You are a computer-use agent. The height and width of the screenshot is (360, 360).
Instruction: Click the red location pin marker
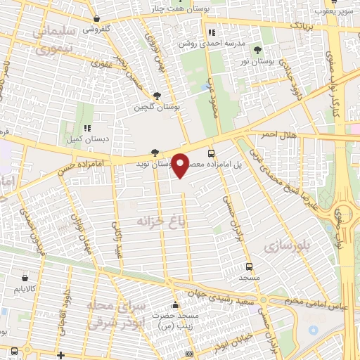(181, 165)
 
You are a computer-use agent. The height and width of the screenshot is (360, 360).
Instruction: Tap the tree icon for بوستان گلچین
(156, 96)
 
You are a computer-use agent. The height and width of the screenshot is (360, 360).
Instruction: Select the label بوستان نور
(257, 63)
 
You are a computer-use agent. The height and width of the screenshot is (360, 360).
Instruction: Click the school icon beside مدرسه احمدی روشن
(212, 32)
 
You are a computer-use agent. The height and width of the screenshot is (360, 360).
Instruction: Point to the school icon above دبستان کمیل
(88, 128)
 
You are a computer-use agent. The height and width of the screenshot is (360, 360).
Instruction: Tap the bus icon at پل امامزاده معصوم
(211, 153)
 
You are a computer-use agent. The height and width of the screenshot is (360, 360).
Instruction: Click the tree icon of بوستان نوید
(155, 153)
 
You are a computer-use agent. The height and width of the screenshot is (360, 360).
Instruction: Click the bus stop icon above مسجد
(248, 266)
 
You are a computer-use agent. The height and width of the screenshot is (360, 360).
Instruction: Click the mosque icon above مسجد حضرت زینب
(175, 305)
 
